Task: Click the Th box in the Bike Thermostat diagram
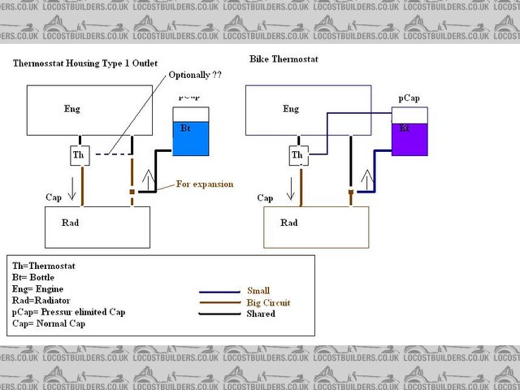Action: pyautogui.click(x=297, y=155)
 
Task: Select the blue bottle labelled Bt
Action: pyautogui.click(x=191, y=137)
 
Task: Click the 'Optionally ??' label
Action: pyautogui.click(x=196, y=75)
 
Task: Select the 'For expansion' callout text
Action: pyautogui.click(x=205, y=184)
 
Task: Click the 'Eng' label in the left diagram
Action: pyautogui.click(x=71, y=107)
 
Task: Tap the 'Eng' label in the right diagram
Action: pyautogui.click(x=290, y=107)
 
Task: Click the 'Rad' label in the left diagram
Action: pyautogui.click(x=71, y=222)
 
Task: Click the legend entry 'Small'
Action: pyautogui.click(x=258, y=290)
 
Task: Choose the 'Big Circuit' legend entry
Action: pyautogui.click(x=268, y=303)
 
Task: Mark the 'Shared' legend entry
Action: pyautogui.click(x=261, y=314)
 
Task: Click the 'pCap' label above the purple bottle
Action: pyautogui.click(x=409, y=97)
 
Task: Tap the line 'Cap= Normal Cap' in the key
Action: pyautogui.click(x=50, y=324)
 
